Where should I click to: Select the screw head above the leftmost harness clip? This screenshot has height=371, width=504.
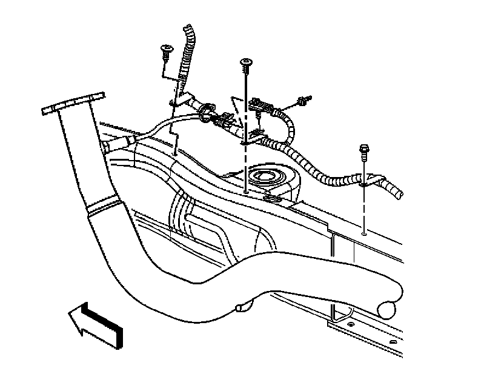click(164, 48)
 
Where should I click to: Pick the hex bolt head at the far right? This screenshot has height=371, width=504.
click(364, 147)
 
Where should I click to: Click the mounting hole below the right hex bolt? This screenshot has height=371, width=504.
click(362, 232)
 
